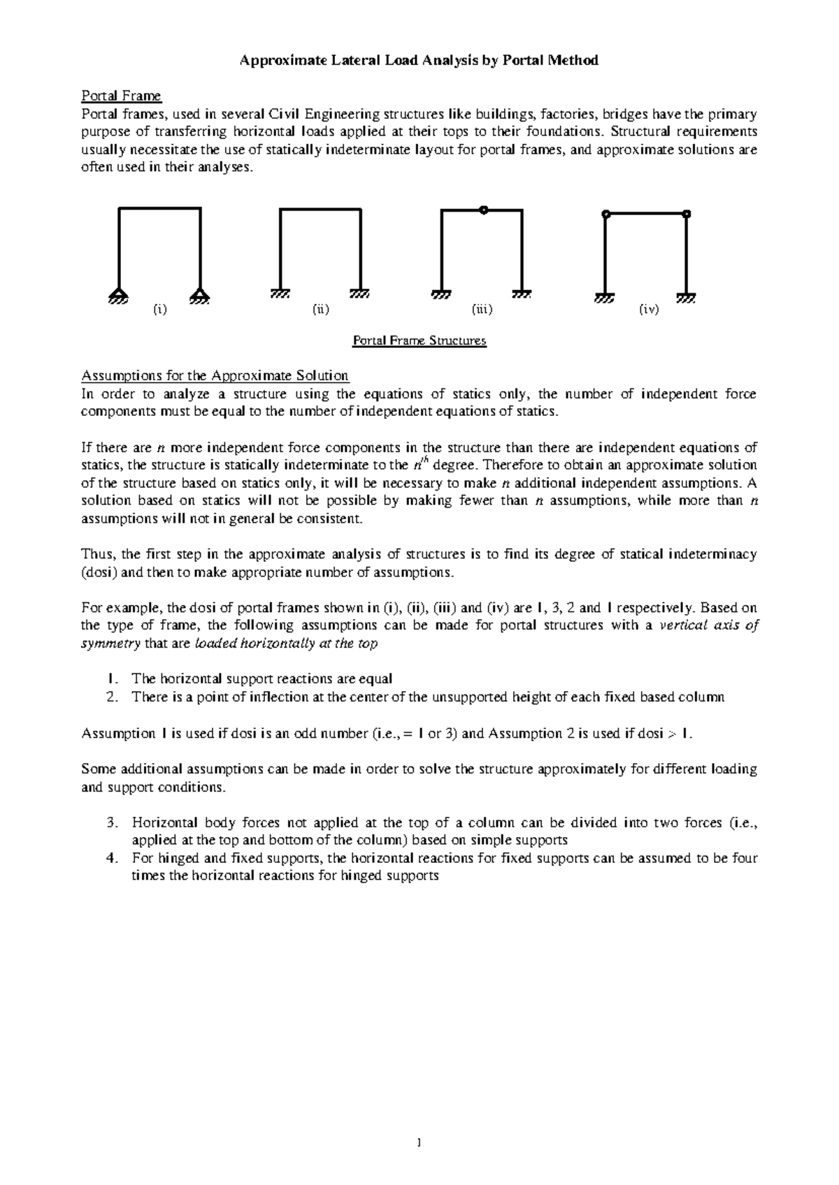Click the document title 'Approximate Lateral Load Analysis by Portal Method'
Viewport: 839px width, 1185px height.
[x=419, y=60]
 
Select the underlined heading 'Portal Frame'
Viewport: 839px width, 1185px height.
[x=121, y=96]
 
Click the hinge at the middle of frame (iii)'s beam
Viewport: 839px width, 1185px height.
[x=482, y=209]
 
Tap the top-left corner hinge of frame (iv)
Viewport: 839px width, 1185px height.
[x=605, y=214]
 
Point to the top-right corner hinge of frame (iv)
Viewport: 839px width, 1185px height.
[x=687, y=214]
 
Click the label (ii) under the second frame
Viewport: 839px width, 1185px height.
[x=320, y=310]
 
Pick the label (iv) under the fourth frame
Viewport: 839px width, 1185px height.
[x=649, y=310]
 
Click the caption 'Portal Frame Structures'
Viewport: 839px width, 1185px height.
[x=419, y=341]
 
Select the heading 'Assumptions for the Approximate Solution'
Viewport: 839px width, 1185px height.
[x=215, y=376]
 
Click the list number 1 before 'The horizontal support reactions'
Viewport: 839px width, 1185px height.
[x=110, y=678]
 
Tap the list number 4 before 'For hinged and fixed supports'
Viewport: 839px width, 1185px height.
[x=110, y=858]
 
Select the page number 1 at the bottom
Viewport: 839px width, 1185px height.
[x=419, y=1144]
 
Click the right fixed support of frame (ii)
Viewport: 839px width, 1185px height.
[x=360, y=294]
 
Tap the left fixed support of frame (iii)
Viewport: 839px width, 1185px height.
[x=441, y=294]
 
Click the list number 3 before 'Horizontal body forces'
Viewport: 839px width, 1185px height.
[x=110, y=822]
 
